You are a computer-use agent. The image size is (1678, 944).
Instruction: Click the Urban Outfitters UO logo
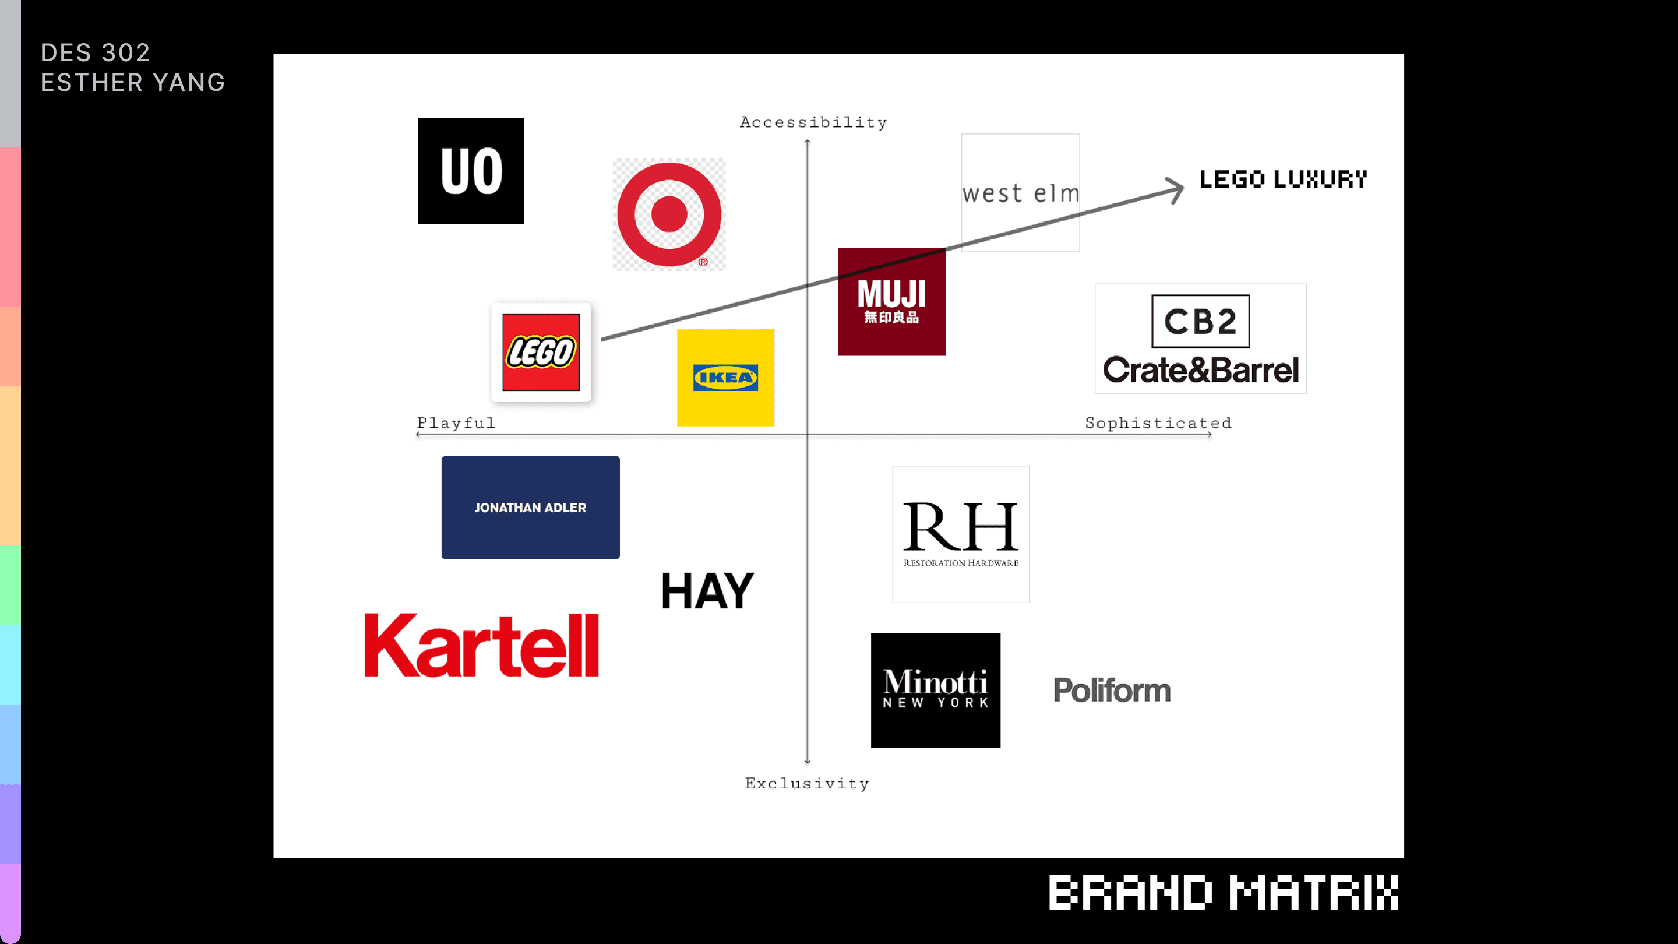point(470,171)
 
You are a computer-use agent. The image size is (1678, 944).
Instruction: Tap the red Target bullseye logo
point(669,214)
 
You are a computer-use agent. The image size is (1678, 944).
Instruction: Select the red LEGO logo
point(541,353)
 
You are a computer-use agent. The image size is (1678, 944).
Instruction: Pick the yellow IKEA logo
point(725,378)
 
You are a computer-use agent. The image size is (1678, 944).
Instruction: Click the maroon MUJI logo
point(891,302)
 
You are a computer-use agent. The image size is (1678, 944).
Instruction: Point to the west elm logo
point(1020,193)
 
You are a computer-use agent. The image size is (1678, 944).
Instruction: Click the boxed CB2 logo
point(1200,321)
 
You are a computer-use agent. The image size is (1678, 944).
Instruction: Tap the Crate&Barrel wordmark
point(1200,370)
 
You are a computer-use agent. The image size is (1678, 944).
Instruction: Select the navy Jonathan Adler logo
point(530,508)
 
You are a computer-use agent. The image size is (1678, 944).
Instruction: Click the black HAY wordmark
point(707,591)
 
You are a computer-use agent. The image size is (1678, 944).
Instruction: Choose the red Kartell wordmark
point(481,646)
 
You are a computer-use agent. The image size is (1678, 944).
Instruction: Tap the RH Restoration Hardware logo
point(960,534)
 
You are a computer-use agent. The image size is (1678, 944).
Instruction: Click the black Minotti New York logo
point(935,690)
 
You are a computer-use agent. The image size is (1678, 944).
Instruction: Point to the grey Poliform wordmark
point(1112,691)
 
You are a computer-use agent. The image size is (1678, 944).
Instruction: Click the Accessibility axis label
point(813,122)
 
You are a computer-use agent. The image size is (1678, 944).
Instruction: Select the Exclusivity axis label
point(806,783)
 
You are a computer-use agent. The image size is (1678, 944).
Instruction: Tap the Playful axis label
point(456,423)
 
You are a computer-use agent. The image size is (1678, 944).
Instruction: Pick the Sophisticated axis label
point(1158,423)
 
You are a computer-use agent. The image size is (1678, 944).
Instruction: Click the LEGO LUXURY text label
point(1283,179)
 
